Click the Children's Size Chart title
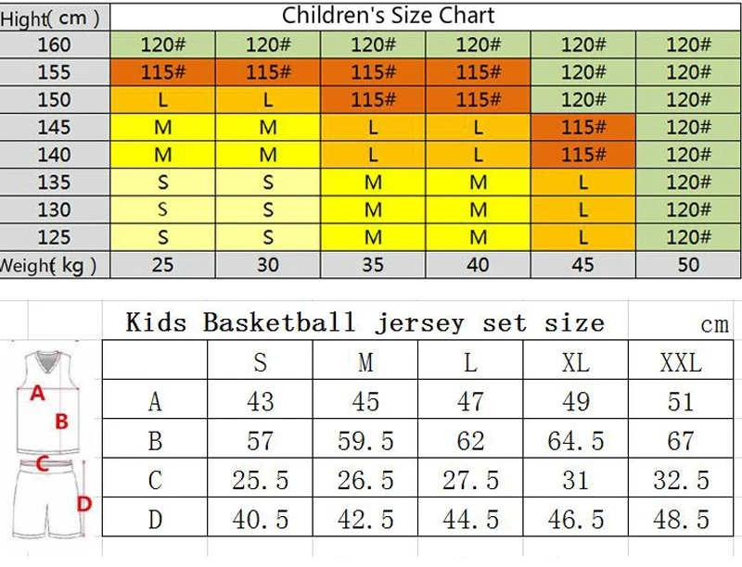click(x=388, y=15)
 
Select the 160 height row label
click(x=54, y=44)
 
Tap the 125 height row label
click(x=54, y=237)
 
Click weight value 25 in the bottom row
click(x=162, y=265)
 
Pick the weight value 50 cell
click(x=688, y=265)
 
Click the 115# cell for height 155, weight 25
click(x=163, y=72)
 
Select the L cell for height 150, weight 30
click(x=268, y=100)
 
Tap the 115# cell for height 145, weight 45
click(x=583, y=127)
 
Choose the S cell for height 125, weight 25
click(x=163, y=237)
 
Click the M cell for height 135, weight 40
click(x=478, y=183)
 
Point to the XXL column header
click(x=681, y=363)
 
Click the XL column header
click(x=575, y=363)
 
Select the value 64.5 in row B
click(x=575, y=441)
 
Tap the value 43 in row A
click(x=260, y=402)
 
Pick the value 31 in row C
click(x=575, y=481)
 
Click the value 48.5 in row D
click(x=681, y=520)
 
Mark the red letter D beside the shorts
click(x=84, y=504)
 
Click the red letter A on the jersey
click(x=37, y=393)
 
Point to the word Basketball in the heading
click(x=279, y=322)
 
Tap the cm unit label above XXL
click(x=714, y=325)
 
